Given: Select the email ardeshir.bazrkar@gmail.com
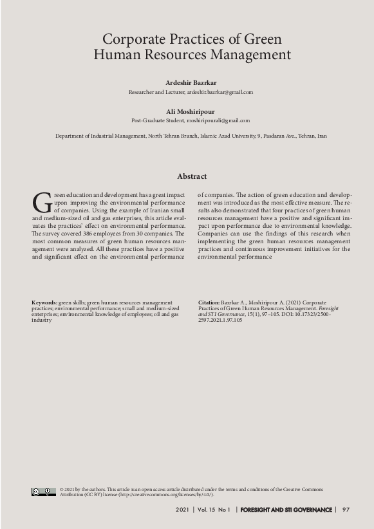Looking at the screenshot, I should point(220,92).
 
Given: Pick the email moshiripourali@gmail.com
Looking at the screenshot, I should point(218,120).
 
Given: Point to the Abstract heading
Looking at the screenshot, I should point(192,176).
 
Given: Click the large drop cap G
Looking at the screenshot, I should point(41,202).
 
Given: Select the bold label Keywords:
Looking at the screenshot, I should point(44,302).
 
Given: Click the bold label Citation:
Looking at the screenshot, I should point(209,302).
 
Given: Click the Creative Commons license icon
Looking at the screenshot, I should point(44,492).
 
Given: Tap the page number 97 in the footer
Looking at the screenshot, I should point(346,510).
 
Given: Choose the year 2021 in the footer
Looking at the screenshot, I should point(182,510).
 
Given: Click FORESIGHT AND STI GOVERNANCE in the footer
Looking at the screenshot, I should point(286,510).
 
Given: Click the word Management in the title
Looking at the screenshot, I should point(247,55).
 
